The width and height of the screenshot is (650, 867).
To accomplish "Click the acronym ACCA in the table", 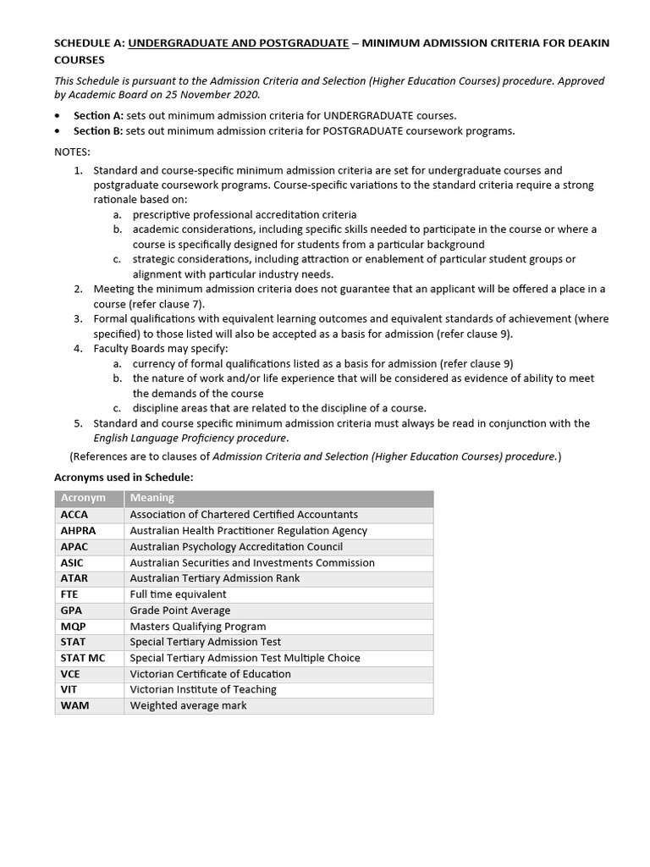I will [74, 515].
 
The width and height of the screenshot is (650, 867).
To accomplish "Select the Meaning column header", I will [152, 498].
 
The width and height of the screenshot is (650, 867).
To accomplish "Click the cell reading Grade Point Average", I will [179, 610].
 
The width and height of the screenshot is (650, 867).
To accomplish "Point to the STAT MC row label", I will [83, 658].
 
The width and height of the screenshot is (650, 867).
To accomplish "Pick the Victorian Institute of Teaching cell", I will [203, 689].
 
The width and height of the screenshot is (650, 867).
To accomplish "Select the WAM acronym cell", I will [74, 705].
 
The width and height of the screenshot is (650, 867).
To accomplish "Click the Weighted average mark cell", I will [188, 705].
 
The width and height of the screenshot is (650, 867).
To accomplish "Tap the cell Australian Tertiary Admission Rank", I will [214, 578].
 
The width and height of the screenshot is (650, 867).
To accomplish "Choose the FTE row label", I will [69, 594].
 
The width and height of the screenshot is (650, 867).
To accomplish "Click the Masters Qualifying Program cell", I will [198, 627].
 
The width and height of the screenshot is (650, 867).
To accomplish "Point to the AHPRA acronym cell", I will [79, 531].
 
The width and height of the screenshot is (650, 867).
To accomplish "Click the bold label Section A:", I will [98, 116].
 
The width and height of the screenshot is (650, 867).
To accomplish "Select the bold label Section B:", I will [98, 131].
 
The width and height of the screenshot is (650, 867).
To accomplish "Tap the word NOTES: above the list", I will [72, 152].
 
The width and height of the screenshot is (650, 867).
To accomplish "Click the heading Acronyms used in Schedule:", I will [124, 478].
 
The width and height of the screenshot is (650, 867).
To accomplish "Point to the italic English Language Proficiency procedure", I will [190, 438].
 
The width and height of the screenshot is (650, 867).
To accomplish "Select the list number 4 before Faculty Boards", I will [77, 348].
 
